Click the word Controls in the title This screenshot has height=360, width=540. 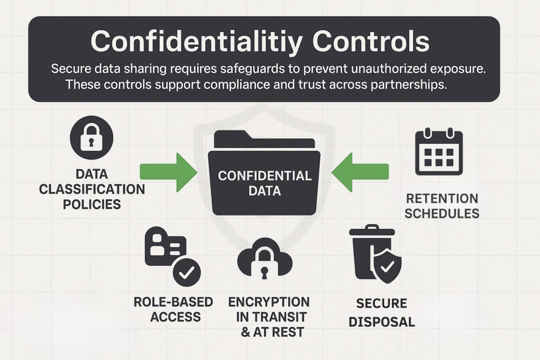371,41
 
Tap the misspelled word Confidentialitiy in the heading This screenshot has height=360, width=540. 197,41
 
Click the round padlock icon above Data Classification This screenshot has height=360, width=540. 91,138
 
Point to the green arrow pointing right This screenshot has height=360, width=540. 168,172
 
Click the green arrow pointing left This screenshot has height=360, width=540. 360,172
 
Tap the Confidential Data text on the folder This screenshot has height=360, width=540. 264,183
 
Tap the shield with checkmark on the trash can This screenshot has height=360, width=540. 387,266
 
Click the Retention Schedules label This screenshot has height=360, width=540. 442,206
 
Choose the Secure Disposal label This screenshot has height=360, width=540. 382,313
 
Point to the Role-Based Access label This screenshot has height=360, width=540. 173,309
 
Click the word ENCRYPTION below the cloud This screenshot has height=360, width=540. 269,302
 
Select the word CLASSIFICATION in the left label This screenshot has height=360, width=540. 92,189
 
